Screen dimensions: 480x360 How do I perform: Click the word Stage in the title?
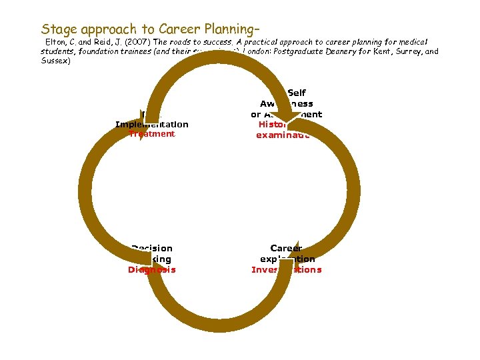58,29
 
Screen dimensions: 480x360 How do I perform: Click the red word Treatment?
152,134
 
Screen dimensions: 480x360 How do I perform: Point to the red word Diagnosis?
152,270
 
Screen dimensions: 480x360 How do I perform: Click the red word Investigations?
286,270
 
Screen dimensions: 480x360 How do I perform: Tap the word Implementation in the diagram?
152,124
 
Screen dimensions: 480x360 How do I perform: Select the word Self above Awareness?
296,93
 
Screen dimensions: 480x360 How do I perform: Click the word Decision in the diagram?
152,248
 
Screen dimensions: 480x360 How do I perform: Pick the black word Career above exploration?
286,248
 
